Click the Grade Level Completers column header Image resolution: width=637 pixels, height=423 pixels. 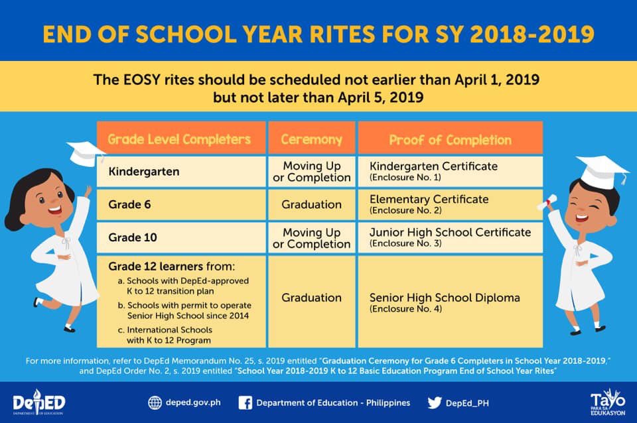point(179,139)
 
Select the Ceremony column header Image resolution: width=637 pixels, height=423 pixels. point(311,139)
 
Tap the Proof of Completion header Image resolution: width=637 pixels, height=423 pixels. point(450,140)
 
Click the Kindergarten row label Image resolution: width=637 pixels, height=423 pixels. point(143,172)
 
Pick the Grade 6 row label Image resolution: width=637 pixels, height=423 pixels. point(130,205)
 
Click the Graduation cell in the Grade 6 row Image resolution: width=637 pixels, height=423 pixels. point(311,205)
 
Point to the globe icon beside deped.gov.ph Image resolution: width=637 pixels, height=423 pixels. point(155,402)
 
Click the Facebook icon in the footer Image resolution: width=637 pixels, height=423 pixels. point(245,402)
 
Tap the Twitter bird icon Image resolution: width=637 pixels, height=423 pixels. point(435,402)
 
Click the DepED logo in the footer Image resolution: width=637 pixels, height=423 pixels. point(39,402)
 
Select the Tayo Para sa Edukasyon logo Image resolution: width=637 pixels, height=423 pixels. point(608,402)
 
